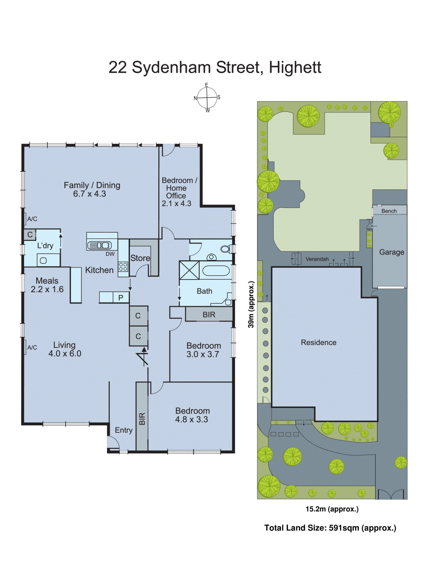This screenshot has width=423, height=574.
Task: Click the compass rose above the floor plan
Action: [x=207, y=98]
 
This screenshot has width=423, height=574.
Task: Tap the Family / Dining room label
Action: [x=91, y=189]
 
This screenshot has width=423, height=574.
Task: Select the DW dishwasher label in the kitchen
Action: [x=110, y=254]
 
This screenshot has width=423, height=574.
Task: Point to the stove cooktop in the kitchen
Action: [x=123, y=267]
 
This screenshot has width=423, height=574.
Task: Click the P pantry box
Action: [x=121, y=297]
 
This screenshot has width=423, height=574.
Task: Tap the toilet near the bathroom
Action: [x=226, y=249]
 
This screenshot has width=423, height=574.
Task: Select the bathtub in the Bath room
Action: [x=216, y=270]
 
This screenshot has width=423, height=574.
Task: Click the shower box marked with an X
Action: [x=189, y=270]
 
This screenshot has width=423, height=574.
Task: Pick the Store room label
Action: [x=140, y=258]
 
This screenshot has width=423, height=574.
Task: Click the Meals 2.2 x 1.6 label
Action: [x=47, y=285]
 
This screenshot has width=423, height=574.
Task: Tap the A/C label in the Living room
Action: [x=32, y=347]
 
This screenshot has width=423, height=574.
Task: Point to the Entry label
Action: [x=123, y=430]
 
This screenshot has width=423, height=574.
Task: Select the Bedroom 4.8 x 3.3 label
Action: [x=192, y=415]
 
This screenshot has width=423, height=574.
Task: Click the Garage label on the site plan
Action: [x=391, y=252]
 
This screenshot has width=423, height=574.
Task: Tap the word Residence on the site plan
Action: [x=319, y=343]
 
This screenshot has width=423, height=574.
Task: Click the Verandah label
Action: [x=317, y=259]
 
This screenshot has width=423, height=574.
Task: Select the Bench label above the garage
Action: [x=389, y=211]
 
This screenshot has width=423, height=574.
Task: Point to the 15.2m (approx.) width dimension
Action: [x=332, y=509]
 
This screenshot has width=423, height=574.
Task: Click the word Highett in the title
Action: [x=295, y=67]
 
